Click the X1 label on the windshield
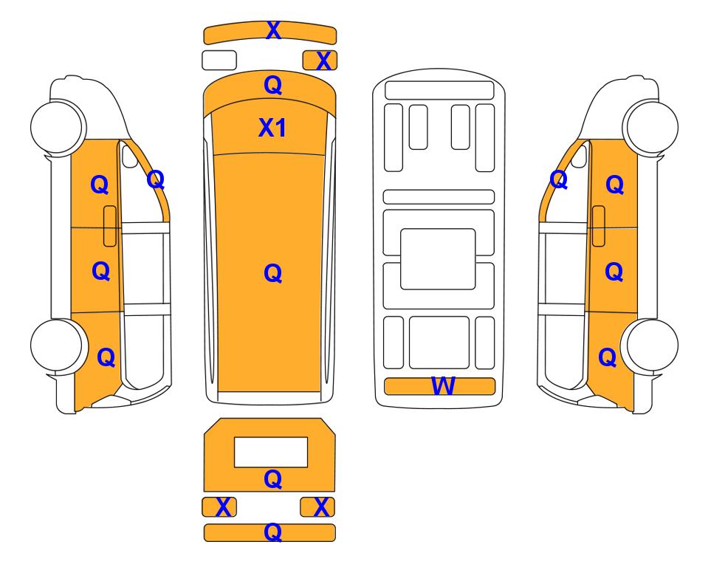(x=272, y=128)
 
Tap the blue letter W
(x=442, y=385)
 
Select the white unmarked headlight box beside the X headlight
(x=219, y=61)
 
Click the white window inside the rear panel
(x=271, y=452)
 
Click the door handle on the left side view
(x=110, y=226)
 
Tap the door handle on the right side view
(x=599, y=226)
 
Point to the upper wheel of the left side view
(x=58, y=126)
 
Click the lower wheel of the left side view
(x=58, y=345)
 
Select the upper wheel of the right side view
(x=650, y=126)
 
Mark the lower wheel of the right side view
(x=650, y=345)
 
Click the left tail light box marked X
(x=219, y=506)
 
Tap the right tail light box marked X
(x=317, y=506)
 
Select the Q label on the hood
(x=273, y=85)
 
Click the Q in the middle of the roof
(x=273, y=273)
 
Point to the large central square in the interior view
(x=438, y=259)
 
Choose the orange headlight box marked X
(x=320, y=61)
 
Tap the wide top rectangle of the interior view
(x=439, y=90)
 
